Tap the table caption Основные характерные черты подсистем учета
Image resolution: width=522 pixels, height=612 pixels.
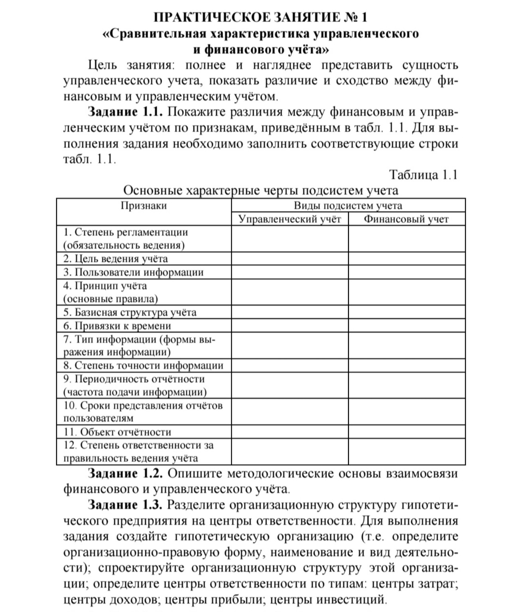[260, 190]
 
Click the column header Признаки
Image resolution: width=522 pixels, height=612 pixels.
[144, 206]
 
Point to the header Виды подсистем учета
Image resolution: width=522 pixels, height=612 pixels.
[348, 206]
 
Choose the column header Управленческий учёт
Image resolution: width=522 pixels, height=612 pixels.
[290, 219]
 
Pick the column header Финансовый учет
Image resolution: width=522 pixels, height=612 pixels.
[406, 219]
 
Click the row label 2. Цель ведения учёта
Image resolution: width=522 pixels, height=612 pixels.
[116, 259]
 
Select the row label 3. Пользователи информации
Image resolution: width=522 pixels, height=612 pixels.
[133, 273]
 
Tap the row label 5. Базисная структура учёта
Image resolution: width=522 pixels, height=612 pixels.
[130, 312]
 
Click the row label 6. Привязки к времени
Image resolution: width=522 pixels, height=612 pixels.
[117, 326]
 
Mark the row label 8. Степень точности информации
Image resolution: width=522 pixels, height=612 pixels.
[143, 365]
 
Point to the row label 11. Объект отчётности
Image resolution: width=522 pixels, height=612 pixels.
[117, 432]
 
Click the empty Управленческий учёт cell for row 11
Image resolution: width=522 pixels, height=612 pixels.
[290, 432]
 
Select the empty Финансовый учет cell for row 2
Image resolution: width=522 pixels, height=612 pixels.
[406, 259]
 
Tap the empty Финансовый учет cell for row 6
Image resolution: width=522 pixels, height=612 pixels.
[406, 326]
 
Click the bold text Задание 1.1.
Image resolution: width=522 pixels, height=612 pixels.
[125, 112]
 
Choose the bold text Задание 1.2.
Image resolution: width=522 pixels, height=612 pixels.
[125, 474]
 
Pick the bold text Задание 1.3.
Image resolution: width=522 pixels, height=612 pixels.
[125, 505]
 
